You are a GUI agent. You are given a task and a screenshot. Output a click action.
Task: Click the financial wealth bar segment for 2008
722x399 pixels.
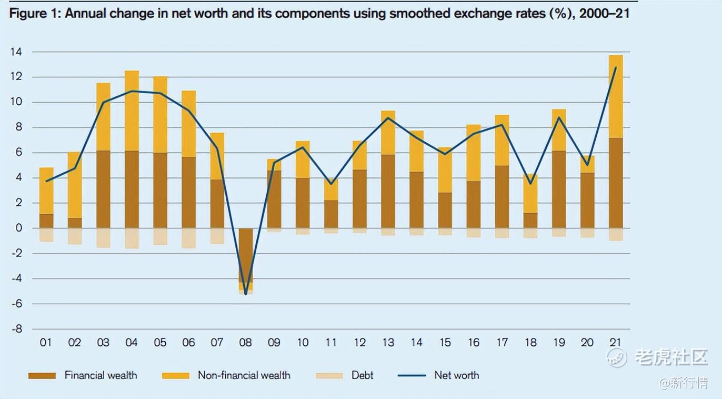(x=246, y=255)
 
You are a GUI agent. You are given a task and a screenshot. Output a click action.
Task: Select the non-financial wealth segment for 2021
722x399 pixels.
(x=616, y=96)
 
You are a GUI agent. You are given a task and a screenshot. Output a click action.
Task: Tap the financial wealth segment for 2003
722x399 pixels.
(x=103, y=189)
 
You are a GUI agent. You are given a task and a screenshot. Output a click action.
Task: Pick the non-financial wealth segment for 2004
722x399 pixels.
(x=132, y=111)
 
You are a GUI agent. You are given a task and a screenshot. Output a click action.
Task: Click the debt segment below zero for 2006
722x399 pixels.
(x=188, y=238)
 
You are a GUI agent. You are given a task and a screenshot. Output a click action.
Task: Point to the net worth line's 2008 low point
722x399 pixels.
(x=246, y=294)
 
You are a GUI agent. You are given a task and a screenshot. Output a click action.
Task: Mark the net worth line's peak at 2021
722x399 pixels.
(x=616, y=67)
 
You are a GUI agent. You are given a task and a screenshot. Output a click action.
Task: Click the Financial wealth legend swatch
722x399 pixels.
(x=42, y=375)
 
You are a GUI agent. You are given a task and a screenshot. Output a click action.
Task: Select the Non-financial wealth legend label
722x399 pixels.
(x=244, y=375)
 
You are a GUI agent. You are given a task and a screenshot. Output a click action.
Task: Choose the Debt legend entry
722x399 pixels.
(x=362, y=375)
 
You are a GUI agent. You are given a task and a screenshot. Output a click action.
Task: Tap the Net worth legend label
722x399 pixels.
(x=456, y=375)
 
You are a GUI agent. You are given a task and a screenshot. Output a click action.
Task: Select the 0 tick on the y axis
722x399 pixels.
(x=18, y=228)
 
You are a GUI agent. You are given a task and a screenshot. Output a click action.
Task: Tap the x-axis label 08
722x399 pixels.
(x=246, y=343)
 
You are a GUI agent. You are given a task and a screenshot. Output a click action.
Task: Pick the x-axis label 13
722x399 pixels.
(x=388, y=343)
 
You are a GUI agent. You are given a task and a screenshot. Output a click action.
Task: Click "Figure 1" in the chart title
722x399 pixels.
(x=33, y=13)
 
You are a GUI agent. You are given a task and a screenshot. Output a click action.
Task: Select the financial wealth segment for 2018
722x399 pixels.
(x=530, y=221)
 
